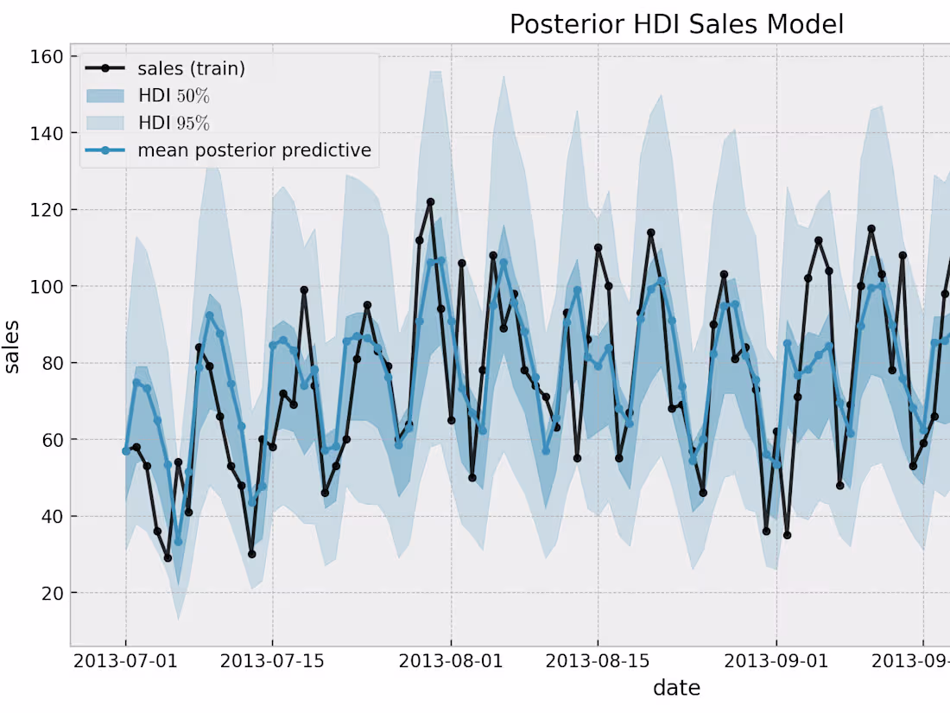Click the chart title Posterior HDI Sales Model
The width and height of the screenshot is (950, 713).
tap(676, 24)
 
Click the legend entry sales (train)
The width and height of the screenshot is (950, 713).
tap(191, 69)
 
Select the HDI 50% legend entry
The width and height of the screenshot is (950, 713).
tap(174, 96)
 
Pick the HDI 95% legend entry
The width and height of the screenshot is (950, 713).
tap(174, 123)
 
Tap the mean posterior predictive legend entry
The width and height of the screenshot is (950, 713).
tap(254, 150)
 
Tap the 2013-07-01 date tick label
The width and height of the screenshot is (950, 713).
tap(126, 661)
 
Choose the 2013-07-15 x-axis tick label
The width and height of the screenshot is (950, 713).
tap(272, 661)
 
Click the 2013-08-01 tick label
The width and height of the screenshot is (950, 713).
tap(450, 661)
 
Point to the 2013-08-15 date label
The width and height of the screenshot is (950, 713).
tap(597, 661)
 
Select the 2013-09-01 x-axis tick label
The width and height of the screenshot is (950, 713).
tap(775, 661)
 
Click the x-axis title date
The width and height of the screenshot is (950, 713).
tap(676, 688)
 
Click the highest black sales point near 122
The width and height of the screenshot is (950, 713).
tap(430, 202)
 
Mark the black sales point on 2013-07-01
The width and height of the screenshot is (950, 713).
tap(126, 451)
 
